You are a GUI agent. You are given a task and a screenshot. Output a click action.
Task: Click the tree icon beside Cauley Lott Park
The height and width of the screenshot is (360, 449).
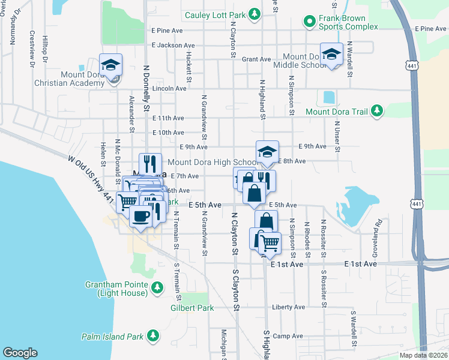tap(255, 13)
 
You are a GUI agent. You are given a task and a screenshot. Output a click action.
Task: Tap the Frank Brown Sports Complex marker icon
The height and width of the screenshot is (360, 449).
tap(310, 22)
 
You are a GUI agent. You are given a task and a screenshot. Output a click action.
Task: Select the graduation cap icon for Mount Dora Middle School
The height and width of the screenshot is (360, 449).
tap(331, 56)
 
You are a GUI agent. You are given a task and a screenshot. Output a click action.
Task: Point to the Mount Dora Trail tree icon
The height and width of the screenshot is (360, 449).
tap(377, 111)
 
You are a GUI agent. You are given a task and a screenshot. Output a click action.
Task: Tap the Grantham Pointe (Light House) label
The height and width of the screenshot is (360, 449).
tap(121, 289)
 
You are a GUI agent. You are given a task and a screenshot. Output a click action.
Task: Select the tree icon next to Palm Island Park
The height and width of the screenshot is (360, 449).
tap(153, 335)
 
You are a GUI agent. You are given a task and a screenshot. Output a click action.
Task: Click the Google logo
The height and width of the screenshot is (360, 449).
tap(20, 353)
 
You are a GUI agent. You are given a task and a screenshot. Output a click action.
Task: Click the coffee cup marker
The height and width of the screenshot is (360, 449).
tap(141, 217)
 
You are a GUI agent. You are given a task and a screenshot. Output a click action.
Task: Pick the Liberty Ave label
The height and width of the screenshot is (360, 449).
tap(289, 307)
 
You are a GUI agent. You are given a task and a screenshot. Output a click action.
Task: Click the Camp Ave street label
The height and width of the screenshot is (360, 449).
tap(288, 336)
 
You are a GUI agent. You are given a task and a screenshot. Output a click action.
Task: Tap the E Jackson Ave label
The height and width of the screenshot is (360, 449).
tap(173, 45)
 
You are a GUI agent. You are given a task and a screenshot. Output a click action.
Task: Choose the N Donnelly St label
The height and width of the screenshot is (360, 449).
tap(146, 89)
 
